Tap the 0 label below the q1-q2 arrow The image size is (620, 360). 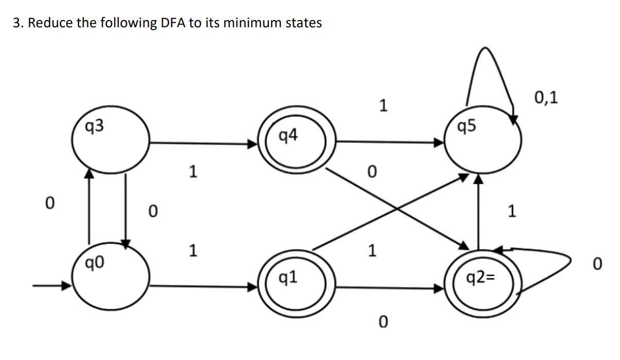coord(382,322)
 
